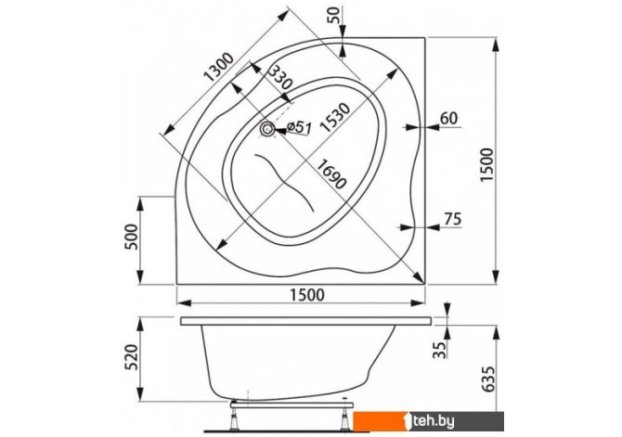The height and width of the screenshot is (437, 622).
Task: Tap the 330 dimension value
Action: point(280,77)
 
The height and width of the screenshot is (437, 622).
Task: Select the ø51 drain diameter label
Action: point(299,127)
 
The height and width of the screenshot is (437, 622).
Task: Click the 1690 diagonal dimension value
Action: point(331,174)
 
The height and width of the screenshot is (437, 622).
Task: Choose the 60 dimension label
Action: point(448,118)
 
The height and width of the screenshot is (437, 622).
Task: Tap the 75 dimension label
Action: point(453,219)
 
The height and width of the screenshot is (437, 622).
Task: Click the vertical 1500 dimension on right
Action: point(486,164)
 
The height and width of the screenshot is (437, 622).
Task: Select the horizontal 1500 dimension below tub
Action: point(307,295)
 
